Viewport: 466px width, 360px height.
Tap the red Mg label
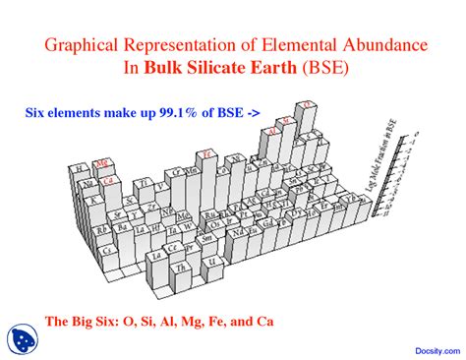[101, 163]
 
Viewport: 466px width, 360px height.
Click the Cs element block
[109, 251]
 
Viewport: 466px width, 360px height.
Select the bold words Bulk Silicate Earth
[225, 70]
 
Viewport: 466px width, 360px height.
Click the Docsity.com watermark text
[427, 347]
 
